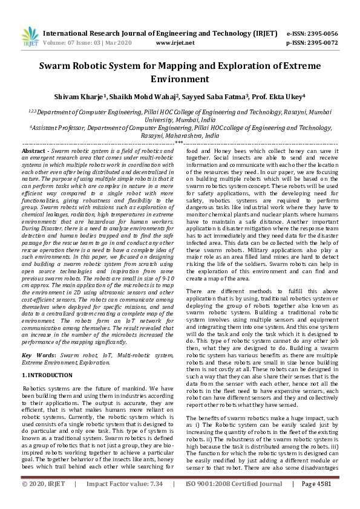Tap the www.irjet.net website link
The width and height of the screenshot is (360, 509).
tap(175, 43)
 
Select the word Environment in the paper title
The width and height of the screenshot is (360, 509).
tap(180, 79)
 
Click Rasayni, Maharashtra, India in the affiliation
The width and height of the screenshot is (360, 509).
tap(180, 136)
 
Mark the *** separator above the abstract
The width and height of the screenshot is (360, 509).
tap(179, 143)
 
